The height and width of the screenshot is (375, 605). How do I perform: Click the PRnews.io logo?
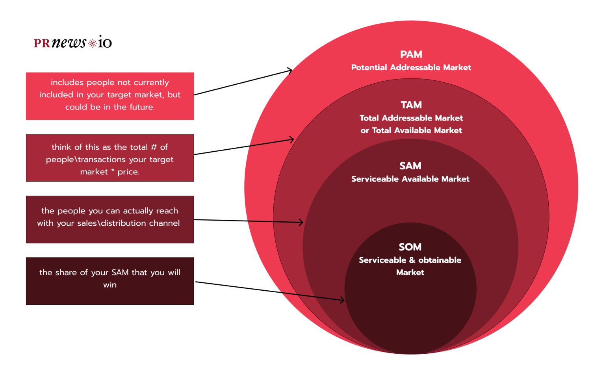click(73, 42)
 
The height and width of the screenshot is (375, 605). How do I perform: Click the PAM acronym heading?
click(411, 54)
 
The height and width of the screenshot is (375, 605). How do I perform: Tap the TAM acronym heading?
click(411, 105)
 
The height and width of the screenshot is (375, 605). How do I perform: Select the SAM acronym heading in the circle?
click(410, 166)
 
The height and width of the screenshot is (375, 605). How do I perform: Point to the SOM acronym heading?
click(410, 247)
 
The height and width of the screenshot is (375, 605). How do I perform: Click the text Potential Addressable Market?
click(411, 67)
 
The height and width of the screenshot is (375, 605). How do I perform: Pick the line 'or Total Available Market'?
click(411, 130)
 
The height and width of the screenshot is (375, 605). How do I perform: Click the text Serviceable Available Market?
click(410, 179)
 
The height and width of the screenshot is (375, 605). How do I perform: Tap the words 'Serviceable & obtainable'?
click(410, 260)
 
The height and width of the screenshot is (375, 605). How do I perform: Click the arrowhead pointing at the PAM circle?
click(290, 71)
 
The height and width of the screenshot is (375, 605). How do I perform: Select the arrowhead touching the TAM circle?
click(291, 139)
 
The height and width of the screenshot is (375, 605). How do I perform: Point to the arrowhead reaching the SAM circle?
click(301, 223)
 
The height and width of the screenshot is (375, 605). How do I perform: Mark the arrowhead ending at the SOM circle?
click(342, 301)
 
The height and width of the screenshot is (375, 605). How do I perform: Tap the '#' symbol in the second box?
click(154, 147)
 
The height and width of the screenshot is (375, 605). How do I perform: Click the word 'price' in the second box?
click(128, 172)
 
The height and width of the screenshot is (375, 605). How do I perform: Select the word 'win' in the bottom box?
click(110, 285)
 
